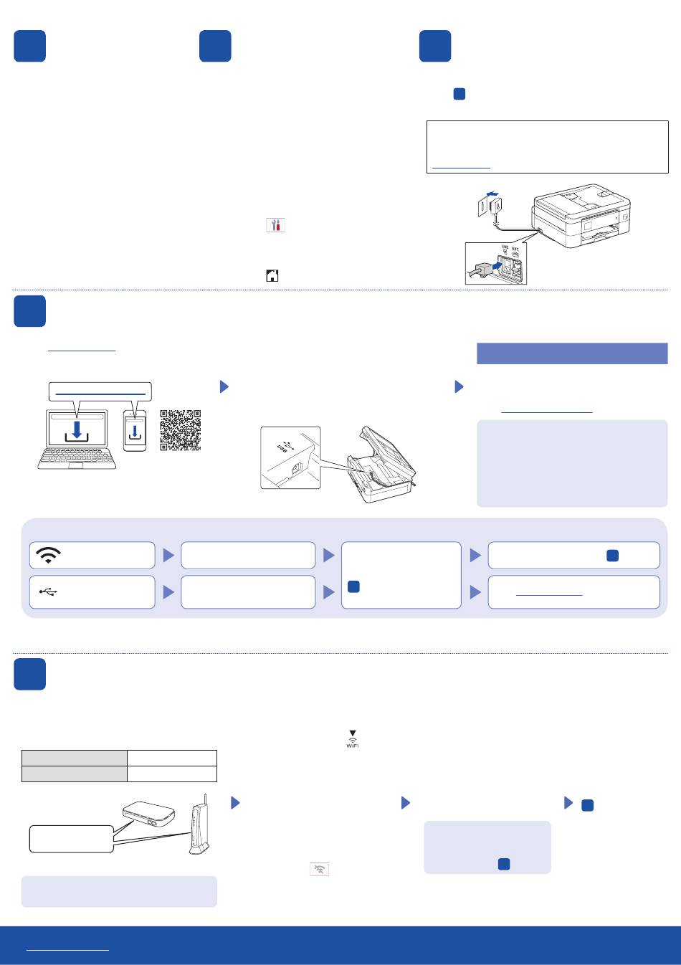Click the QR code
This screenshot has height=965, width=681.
point(180,430)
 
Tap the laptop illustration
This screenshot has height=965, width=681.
point(77,439)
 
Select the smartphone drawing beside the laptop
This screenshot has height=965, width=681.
point(135,431)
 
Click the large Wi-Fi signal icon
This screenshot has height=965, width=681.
point(48,555)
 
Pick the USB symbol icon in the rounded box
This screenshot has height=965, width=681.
point(48,592)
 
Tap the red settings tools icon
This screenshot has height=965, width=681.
point(275,225)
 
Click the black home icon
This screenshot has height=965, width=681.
point(272,275)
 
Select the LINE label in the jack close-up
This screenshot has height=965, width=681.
point(505,248)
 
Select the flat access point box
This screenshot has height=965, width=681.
point(149,814)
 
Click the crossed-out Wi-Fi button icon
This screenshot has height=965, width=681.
point(319,870)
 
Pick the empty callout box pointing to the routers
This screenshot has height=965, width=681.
point(71,838)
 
